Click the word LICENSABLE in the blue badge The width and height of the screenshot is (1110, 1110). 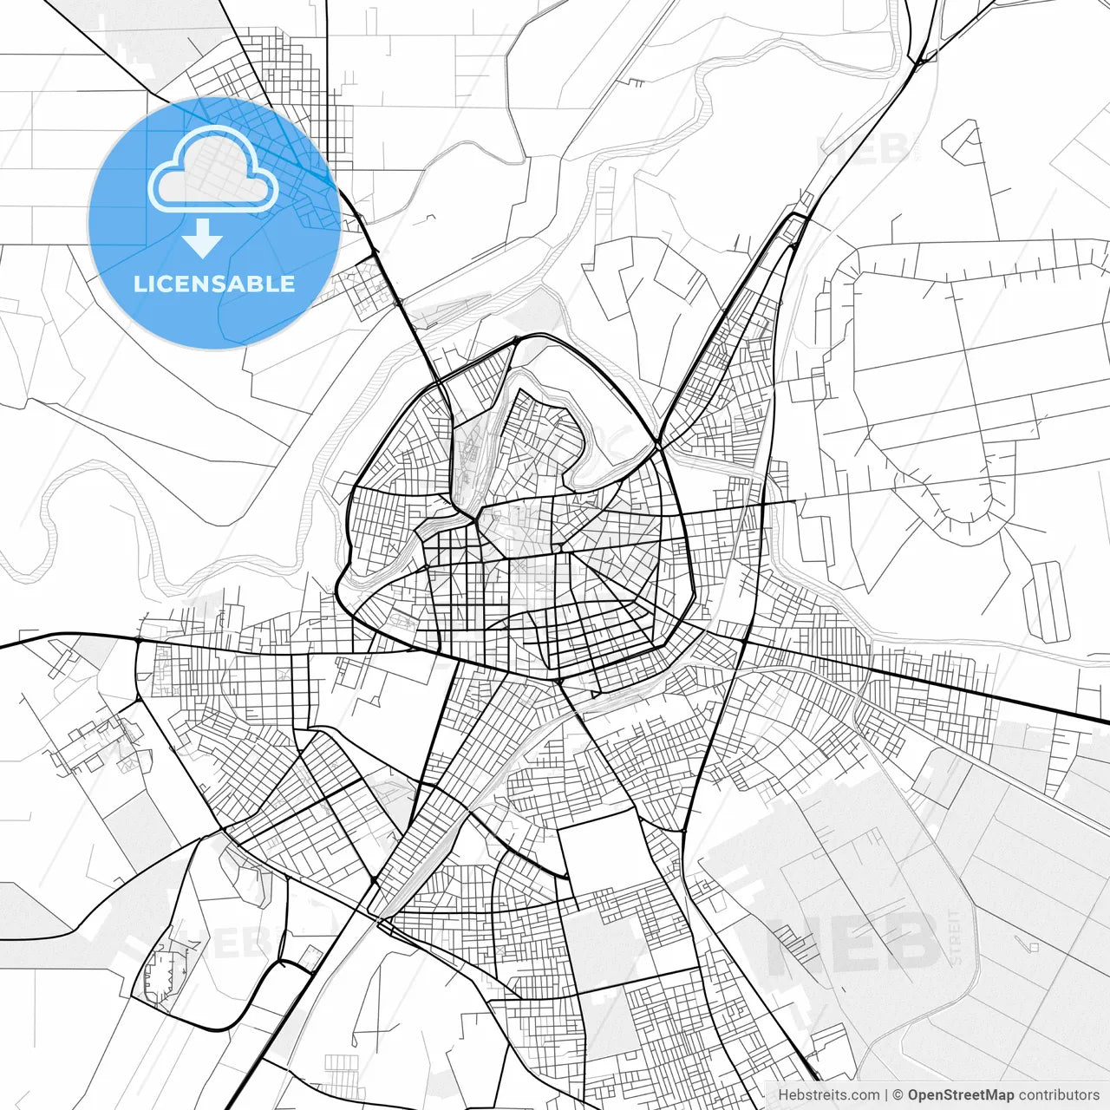(x=213, y=284)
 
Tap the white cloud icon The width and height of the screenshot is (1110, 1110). (x=213, y=169)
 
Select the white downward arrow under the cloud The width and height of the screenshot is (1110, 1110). (x=203, y=238)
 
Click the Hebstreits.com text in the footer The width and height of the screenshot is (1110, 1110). (x=827, y=1095)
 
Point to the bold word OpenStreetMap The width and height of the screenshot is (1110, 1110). (x=960, y=1095)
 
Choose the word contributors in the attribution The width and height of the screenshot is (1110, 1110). (x=1059, y=1095)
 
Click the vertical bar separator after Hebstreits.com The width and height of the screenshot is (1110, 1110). (x=885, y=1095)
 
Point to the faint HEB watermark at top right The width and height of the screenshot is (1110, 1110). (x=863, y=149)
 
